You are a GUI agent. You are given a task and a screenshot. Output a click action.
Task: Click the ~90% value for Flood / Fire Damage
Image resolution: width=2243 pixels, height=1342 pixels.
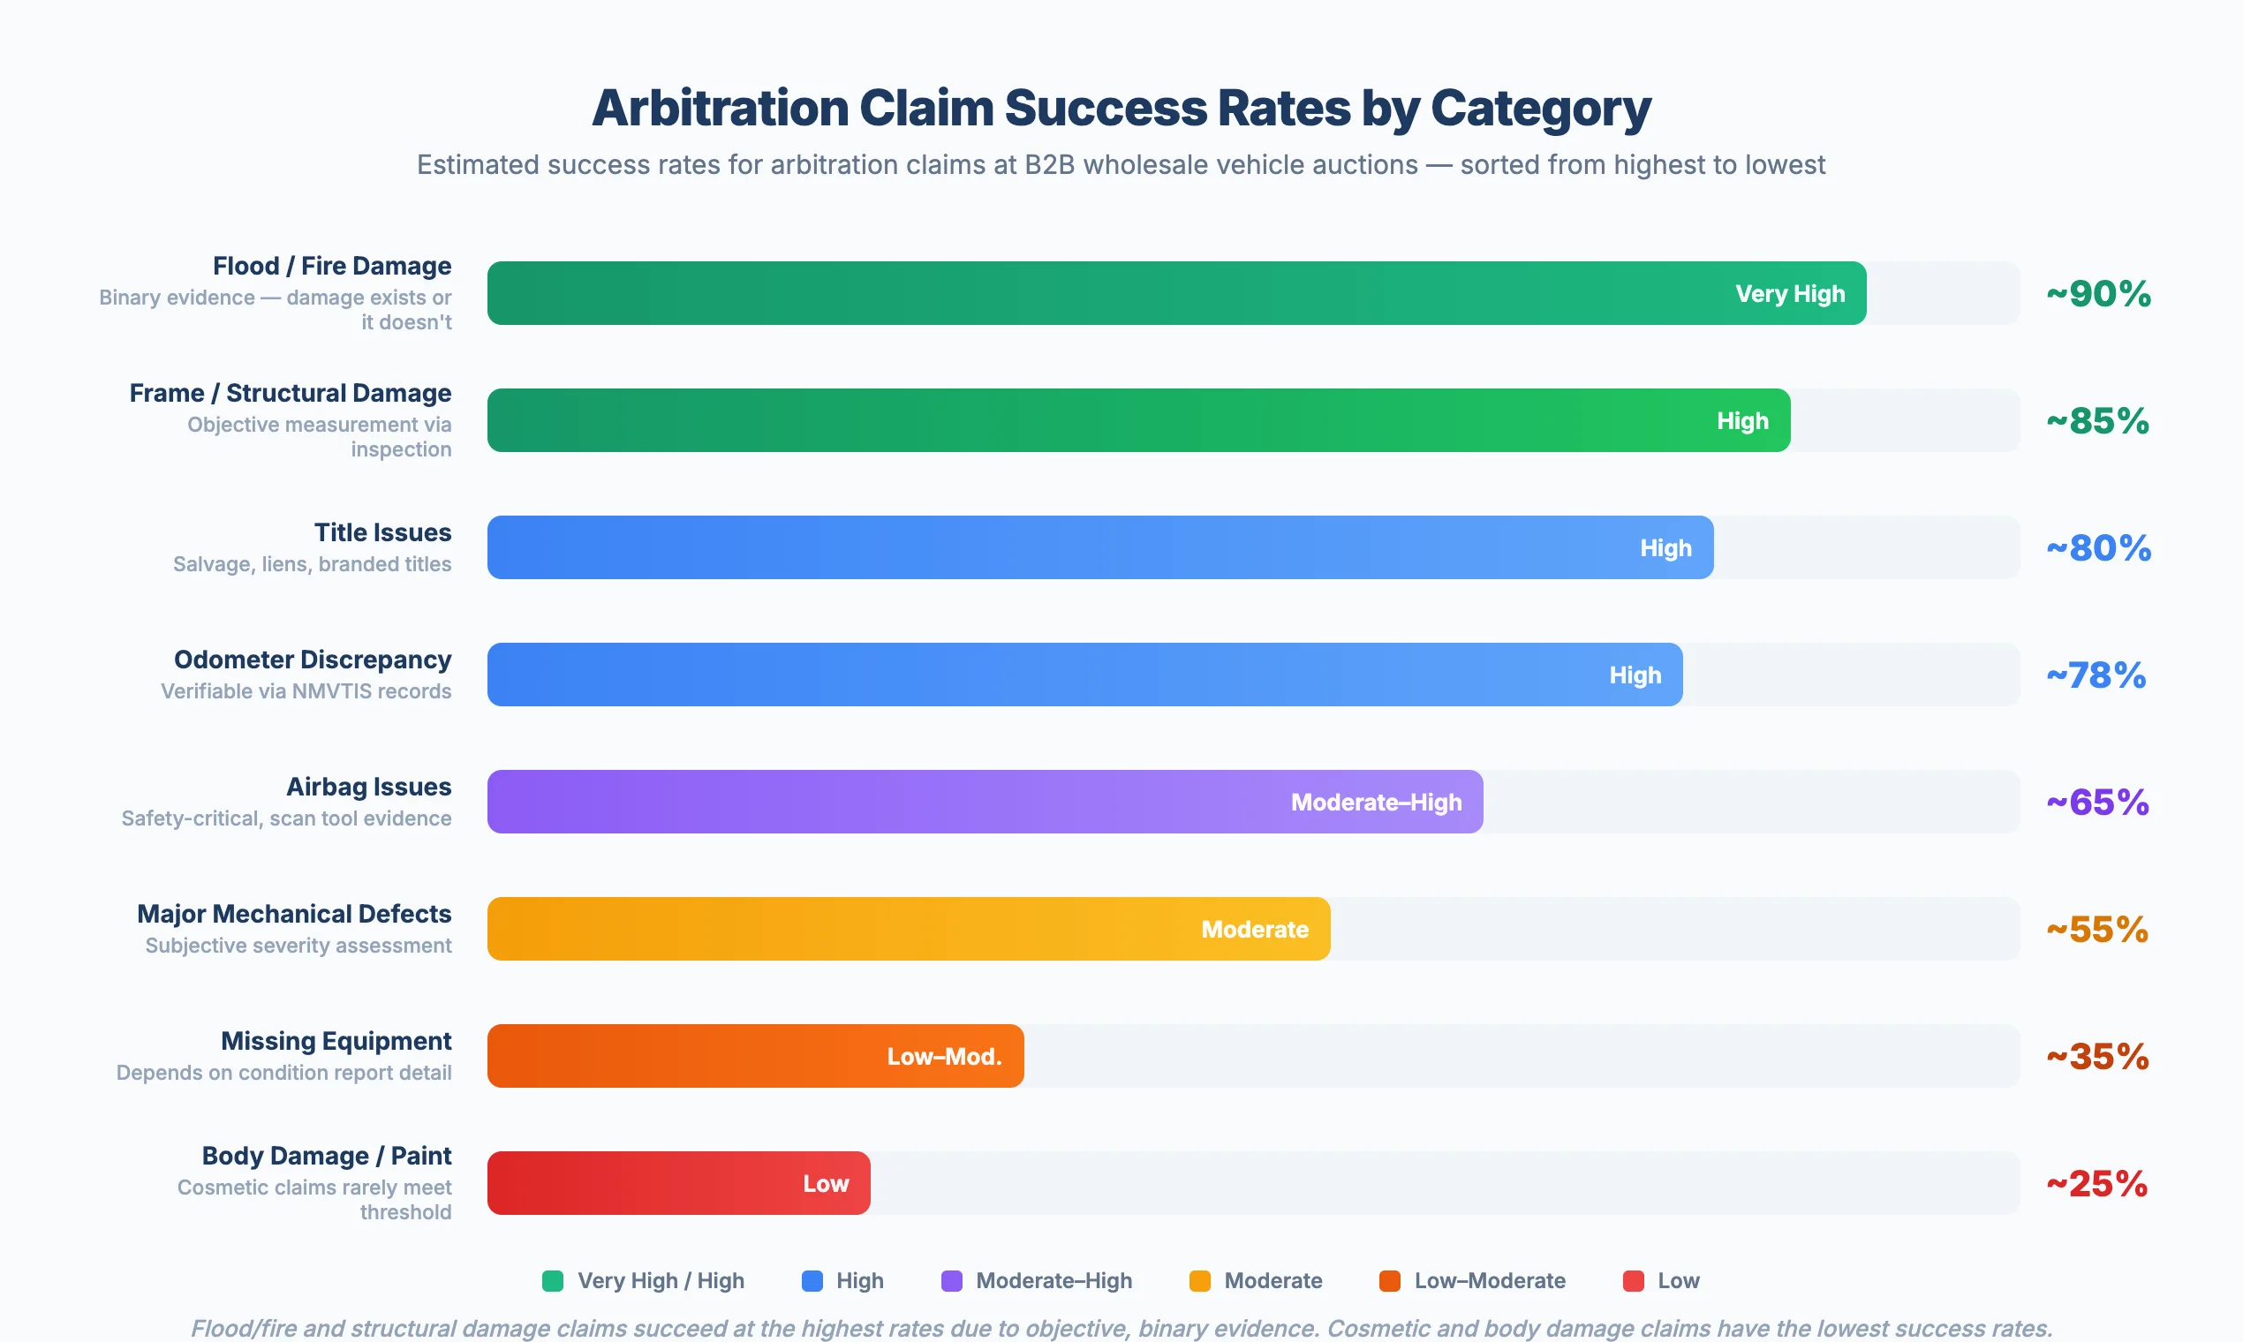[2098, 294]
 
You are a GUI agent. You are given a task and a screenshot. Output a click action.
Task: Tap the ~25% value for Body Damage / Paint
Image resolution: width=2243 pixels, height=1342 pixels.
[2096, 1184]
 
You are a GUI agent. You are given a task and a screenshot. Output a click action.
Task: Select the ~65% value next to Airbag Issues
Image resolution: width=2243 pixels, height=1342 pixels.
[2097, 803]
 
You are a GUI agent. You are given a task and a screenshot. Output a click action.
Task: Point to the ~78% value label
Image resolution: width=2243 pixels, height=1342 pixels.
[2096, 675]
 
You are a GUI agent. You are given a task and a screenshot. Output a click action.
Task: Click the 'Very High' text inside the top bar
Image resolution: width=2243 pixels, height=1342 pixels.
[1790, 294]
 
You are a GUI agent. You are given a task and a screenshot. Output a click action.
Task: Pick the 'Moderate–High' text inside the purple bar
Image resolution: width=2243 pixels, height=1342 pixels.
[1376, 803]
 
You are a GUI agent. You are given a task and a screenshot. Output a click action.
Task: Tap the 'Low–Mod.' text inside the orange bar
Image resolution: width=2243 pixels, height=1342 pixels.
[944, 1056]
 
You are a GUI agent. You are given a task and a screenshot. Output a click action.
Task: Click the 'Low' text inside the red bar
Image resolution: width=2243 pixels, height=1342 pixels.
[826, 1184]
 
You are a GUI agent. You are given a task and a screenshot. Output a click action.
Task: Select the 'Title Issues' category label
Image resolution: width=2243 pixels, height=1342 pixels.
[382, 532]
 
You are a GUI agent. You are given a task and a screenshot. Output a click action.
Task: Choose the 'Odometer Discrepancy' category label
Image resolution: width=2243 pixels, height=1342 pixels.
[312, 660]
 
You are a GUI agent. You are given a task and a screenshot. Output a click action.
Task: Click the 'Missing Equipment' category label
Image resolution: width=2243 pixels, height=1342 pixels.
[336, 1041]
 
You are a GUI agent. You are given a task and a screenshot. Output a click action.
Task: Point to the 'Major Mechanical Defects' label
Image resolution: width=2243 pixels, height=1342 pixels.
[294, 915]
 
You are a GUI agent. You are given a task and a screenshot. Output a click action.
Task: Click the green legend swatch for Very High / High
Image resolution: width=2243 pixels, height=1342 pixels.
[553, 1280]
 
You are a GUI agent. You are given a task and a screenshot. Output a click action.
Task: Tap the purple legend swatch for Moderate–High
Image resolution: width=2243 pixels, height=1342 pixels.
[951, 1280]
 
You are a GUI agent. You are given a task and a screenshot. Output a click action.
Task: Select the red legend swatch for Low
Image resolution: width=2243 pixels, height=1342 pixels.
[1634, 1280]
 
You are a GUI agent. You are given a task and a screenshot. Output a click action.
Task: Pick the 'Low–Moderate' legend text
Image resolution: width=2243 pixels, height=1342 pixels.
[1490, 1280]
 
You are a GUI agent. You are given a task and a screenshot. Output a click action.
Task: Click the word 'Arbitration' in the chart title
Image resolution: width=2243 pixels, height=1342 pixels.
[719, 109]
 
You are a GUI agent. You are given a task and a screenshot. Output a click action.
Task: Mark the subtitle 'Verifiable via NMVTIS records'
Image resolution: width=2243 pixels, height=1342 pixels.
[306, 692]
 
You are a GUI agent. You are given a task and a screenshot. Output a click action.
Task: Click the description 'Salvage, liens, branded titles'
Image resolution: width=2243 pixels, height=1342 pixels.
[312, 564]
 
